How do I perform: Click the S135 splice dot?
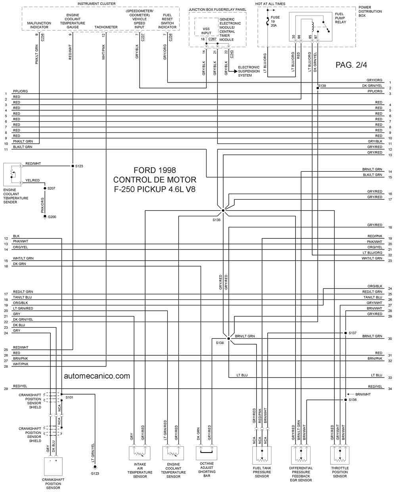click(x=223, y=210)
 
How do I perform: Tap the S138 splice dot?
click(x=228, y=338)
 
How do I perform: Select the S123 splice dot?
click(x=73, y=166)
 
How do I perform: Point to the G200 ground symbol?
click(x=45, y=217)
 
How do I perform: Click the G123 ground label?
click(x=95, y=473)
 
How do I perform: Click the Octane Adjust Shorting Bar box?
click(x=207, y=453)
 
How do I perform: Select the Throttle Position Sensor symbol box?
click(x=340, y=455)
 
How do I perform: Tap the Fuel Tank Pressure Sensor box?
click(x=262, y=455)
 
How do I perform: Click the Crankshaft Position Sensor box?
click(x=53, y=466)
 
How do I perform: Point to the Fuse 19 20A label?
click(x=275, y=21)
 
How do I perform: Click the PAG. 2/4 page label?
click(x=351, y=65)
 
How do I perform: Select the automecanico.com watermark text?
click(x=97, y=376)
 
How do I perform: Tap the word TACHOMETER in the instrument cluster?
click(x=106, y=27)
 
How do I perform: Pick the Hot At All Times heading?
click(x=270, y=4)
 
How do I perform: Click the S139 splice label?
click(x=322, y=86)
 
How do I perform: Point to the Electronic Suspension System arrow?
click(x=233, y=71)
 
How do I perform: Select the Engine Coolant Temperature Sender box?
click(x=12, y=175)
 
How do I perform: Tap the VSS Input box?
click(x=206, y=27)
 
